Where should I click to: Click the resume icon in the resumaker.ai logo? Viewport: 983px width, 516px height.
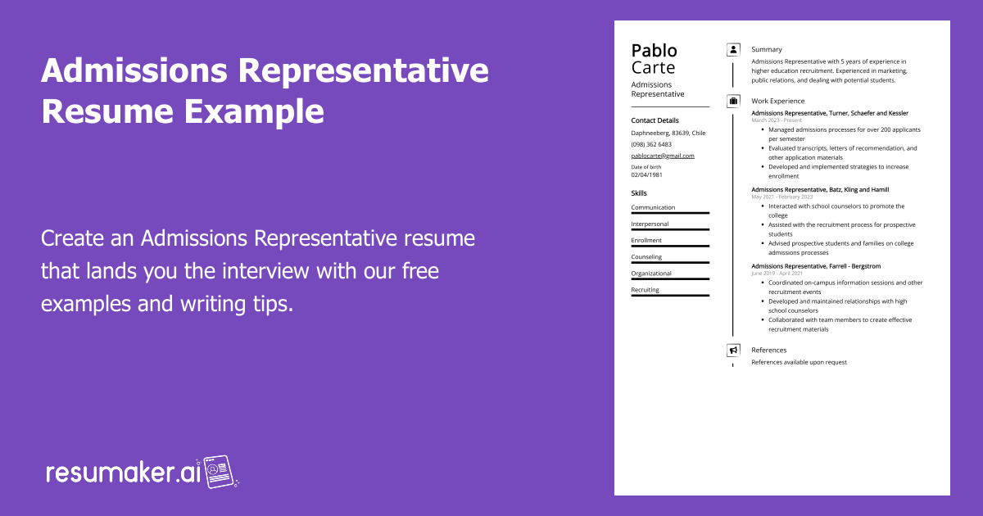pyautogui.click(x=219, y=472)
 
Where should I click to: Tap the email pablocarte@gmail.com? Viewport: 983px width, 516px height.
pyautogui.click(x=663, y=156)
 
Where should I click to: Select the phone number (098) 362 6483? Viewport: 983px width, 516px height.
pyautogui.click(x=651, y=144)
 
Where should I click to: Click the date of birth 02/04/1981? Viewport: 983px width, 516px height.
pyautogui.click(x=646, y=174)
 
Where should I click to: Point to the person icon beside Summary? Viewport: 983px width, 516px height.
pyautogui.click(x=733, y=50)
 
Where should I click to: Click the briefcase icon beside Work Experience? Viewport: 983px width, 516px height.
pyautogui.click(x=733, y=101)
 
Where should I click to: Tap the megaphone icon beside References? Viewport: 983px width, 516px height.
pyautogui.click(x=733, y=351)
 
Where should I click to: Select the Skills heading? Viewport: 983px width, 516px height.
pyautogui.click(x=639, y=193)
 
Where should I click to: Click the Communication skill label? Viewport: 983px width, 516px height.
pyautogui.click(x=653, y=207)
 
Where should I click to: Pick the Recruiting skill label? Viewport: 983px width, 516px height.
pyautogui.click(x=646, y=290)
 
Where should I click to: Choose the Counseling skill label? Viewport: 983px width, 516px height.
pyautogui.click(x=646, y=257)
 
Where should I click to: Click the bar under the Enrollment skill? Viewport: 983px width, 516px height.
pyautogui.click(x=670, y=247)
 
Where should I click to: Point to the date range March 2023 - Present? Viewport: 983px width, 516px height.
pyautogui.click(x=777, y=120)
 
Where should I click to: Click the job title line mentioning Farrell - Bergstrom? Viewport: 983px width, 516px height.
pyautogui.click(x=816, y=266)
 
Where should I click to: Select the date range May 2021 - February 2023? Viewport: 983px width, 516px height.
pyautogui.click(x=782, y=197)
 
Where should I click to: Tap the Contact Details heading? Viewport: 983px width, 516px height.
pyautogui.click(x=655, y=120)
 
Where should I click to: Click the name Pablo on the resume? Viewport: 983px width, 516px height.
pyautogui.click(x=655, y=51)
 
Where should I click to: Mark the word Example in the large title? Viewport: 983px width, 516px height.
pyautogui.click(x=254, y=112)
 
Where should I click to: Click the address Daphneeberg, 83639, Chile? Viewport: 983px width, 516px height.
pyautogui.click(x=668, y=133)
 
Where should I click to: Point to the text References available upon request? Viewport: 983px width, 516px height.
pyautogui.click(x=800, y=362)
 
